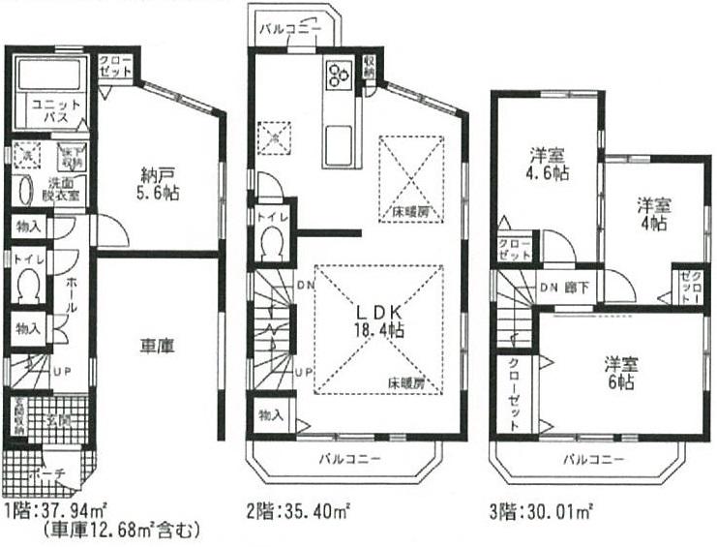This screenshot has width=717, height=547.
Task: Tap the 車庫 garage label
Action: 157,346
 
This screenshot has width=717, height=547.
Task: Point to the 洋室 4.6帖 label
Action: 547,164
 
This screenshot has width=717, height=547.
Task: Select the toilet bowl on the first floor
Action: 29,286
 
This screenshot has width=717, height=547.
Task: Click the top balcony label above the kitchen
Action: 288,29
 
